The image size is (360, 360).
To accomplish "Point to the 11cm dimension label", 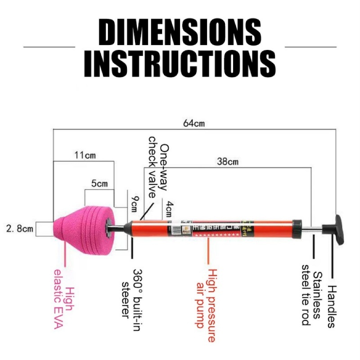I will tap(85, 155).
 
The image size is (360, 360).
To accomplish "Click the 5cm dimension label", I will tap(99, 184).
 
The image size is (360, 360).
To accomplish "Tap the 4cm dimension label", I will tap(169, 208).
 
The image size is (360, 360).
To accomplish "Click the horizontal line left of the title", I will tap(49, 46).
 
